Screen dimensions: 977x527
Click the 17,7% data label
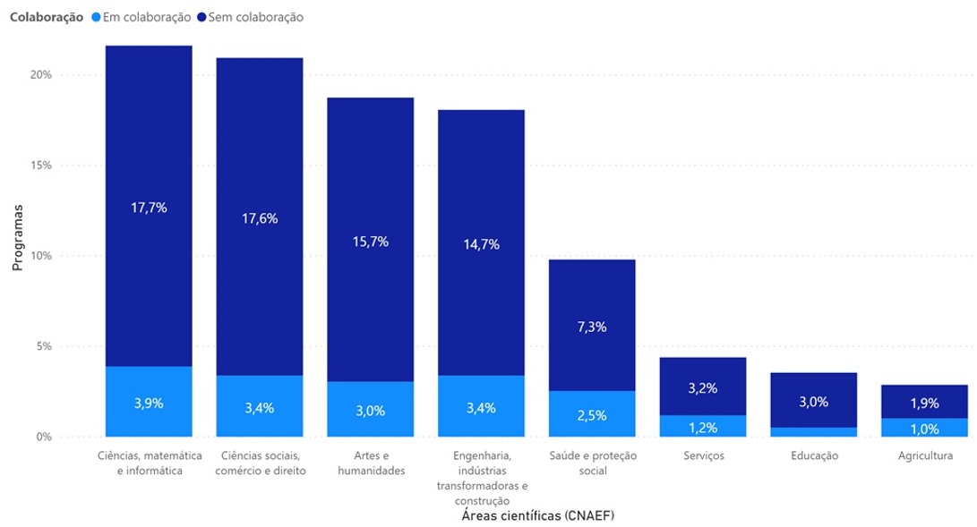point(149,208)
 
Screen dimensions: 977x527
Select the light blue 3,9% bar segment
point(149,402)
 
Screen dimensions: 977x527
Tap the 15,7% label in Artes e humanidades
point(371,242)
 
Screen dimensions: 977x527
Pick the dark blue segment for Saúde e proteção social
point(592,325)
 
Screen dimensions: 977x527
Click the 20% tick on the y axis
point(41,74)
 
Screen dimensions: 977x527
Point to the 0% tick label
point(44,437)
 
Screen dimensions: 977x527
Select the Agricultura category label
point(925,455)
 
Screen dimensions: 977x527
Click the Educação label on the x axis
point(814,455)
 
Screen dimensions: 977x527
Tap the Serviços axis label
point(704,455)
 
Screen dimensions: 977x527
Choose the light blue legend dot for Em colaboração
point(96,17)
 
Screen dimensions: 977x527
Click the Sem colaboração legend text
point(255,17)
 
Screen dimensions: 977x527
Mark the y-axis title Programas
point(17,238)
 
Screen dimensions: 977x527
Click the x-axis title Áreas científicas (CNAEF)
point(537,515)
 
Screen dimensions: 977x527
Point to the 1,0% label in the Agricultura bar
point(925,429)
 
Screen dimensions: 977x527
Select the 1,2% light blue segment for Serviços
point(703,426)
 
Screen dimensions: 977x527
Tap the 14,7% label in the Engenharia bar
point(481,244)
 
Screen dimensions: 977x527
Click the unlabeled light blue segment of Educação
point(814,432)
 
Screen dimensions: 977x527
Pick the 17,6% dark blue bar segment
point(260,217)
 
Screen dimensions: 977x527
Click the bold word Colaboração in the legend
point(47,17)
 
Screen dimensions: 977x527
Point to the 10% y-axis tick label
point(41,256)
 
